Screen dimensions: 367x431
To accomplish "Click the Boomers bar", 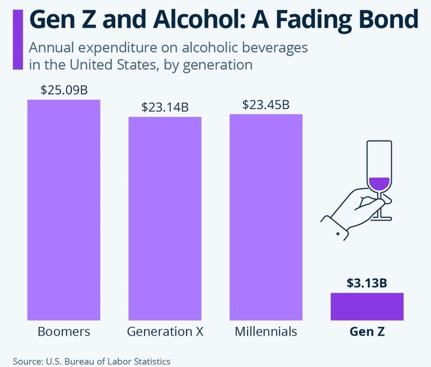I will pyautogui.click(x=63, y=209).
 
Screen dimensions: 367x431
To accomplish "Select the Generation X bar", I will pyautogui.click(x=164, y=218).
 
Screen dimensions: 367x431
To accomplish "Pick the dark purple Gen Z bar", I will pyautogui.click(x=367, y=306).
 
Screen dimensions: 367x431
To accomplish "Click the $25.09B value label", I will pyautogui.click(x=64, y=90).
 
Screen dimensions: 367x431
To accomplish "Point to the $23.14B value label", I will pyautogui.click(x=164, y=107).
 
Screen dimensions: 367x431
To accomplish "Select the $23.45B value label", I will pyautogui.click(x=266, y=105).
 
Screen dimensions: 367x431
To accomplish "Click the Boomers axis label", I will pyautogui.click(x=64, y=331).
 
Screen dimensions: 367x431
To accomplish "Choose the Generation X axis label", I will pyautogui.click(x=165, y=331).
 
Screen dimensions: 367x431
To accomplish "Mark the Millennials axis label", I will pyautogui.click(x=266, y=331).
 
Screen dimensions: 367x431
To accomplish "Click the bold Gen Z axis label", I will pyautogui.click(x=367, y=331).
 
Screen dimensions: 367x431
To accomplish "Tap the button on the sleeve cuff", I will pyautogui.click(x=338, y=233).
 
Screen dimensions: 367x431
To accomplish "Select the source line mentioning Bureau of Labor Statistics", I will pyautogui.click(x=91, y=361).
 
